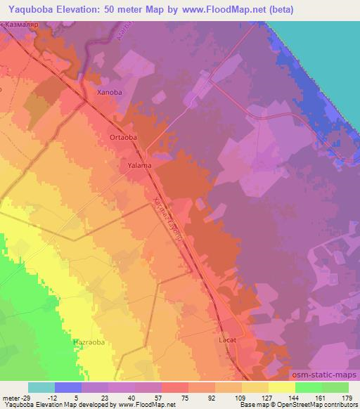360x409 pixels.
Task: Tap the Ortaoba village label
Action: [123, 138]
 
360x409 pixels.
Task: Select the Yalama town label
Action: [140, 166]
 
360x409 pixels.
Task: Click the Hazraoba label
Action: [89, 342]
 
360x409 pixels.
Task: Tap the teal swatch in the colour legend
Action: [41, 387]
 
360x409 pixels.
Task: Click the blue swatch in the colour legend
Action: [68, 387]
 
